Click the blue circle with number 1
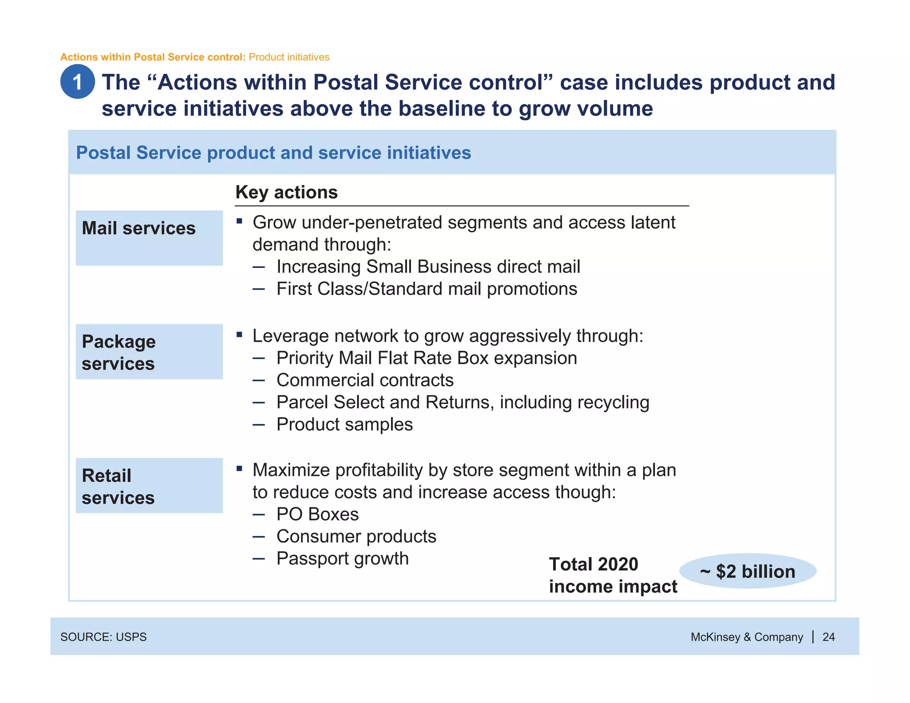click(77, 82)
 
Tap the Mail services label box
click(149, 238)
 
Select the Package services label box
click(149, 351)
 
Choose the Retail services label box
click(149, 486)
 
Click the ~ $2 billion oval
click(748, 571)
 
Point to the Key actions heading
click(287, 192)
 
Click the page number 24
click(828, 637)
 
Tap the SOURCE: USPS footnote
click(104, 637)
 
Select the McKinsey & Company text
click(746, 637)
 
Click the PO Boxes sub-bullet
click(317, 514)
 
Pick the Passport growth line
click(342, 559)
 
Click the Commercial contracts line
click(365, 380)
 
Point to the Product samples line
click(344, 424)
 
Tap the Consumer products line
click(356, 536)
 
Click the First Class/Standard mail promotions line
click(427, 289)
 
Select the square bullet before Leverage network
click(239, 335)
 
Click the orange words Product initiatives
click(289, 57)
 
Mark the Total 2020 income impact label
click(612, 575)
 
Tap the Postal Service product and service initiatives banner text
click(273, 152)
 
